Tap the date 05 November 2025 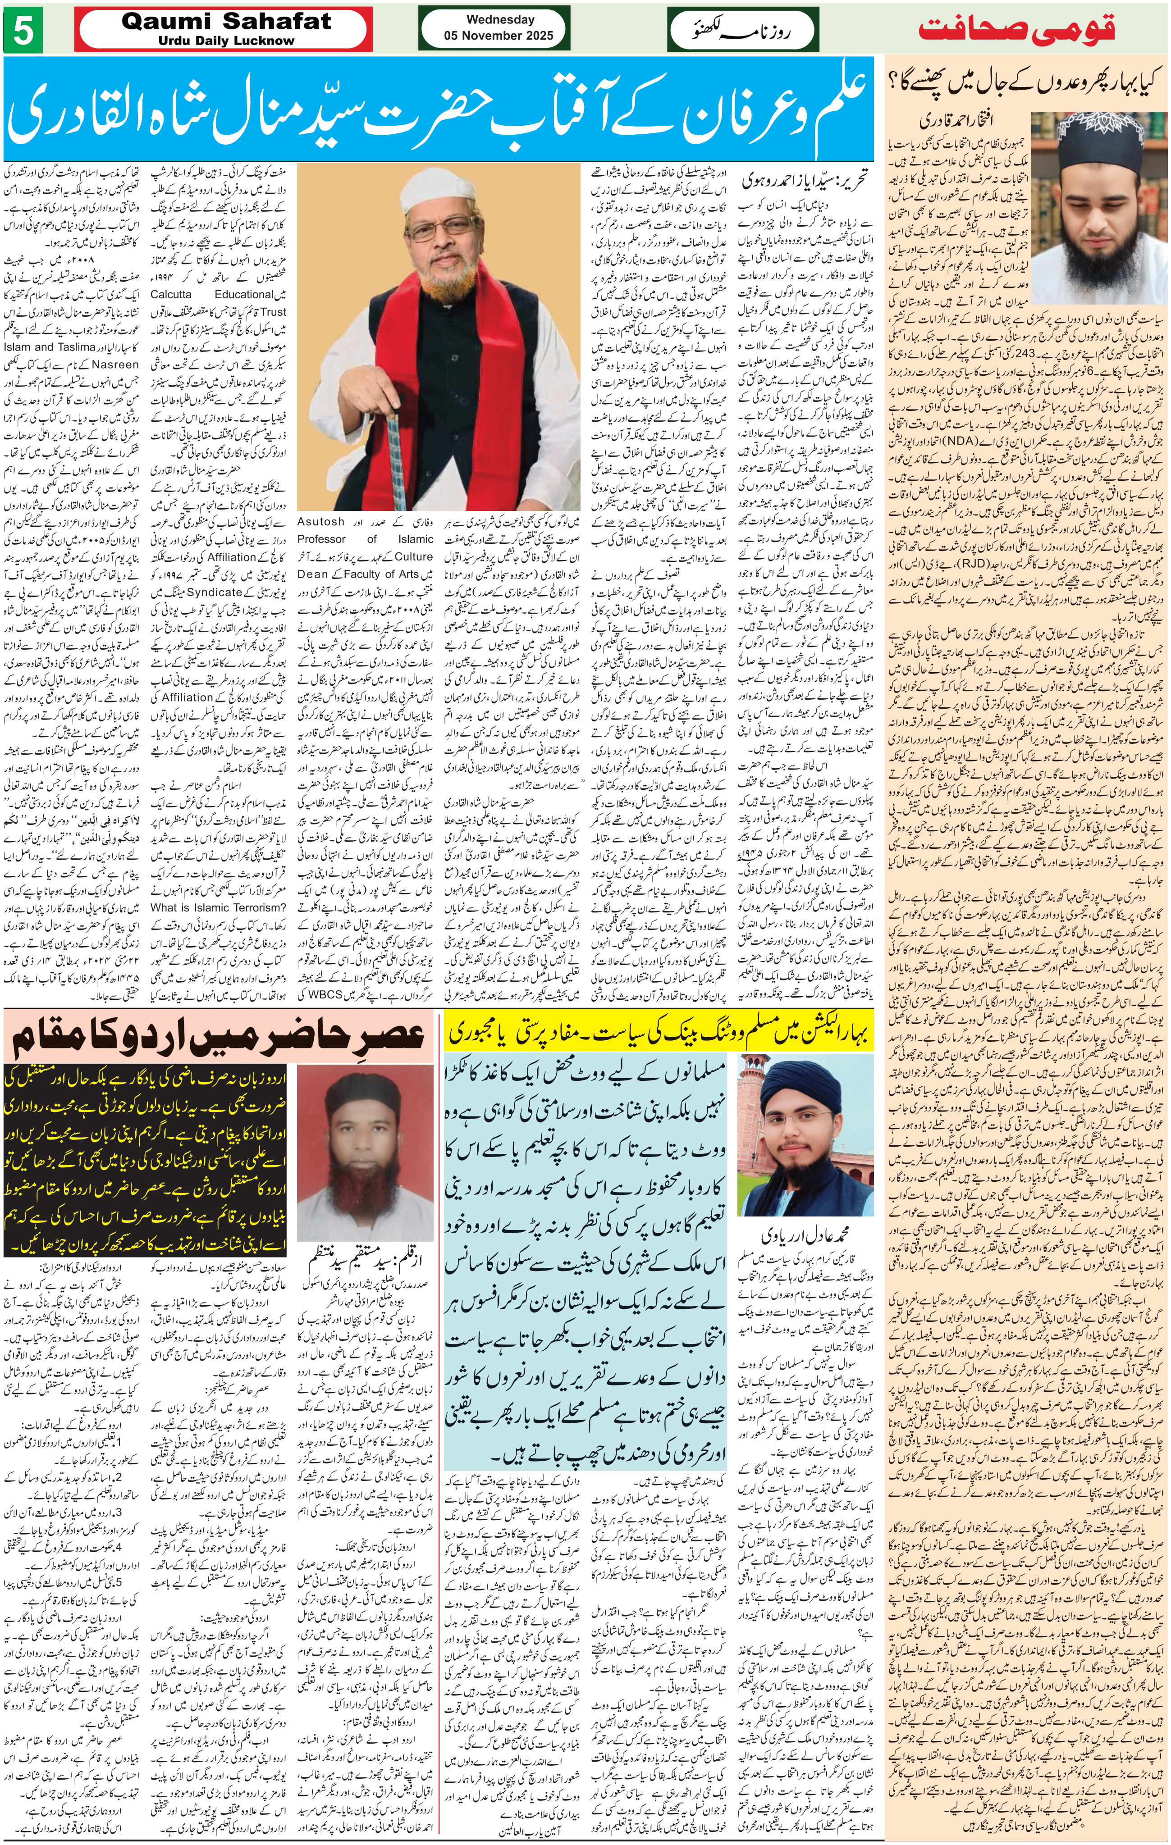500,35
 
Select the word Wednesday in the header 500,19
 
